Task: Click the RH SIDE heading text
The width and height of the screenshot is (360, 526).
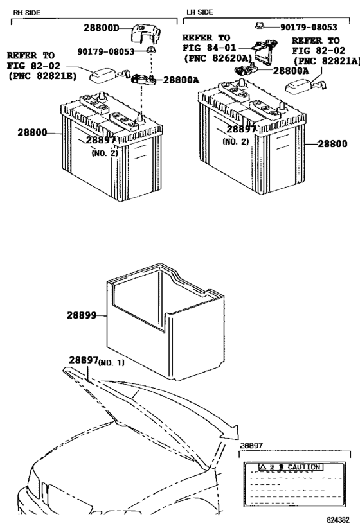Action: pos(28,12)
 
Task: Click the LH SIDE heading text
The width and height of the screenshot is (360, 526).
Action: pos(200,12)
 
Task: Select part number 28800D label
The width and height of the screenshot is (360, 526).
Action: pos(102,28)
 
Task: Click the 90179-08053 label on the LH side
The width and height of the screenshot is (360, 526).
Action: pos(309,28)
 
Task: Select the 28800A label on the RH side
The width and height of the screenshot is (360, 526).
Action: pos(181,80)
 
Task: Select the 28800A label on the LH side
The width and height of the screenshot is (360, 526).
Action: pos(291,71)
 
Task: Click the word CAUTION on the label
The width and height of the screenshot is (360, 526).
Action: pos(303,466)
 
